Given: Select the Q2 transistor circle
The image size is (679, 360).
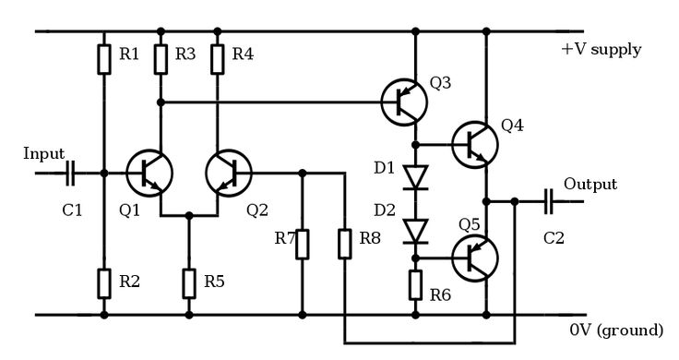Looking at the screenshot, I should [228, 173].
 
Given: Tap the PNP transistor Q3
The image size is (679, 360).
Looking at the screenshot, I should [405, 102].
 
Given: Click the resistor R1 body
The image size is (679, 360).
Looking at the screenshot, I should [104, 58].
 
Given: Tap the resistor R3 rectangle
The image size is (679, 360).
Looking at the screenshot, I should [161, 58].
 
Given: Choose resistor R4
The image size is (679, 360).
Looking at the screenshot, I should [218, 58].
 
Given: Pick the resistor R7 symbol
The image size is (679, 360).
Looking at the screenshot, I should [303, 244].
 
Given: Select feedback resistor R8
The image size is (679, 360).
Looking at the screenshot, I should [344, 244].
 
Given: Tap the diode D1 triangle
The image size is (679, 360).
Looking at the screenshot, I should [416, 174].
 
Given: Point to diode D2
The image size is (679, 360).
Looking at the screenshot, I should [416, 227].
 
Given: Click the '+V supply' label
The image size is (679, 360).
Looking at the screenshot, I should [601, 49].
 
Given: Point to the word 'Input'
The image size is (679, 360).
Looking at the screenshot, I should [44, 153].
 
